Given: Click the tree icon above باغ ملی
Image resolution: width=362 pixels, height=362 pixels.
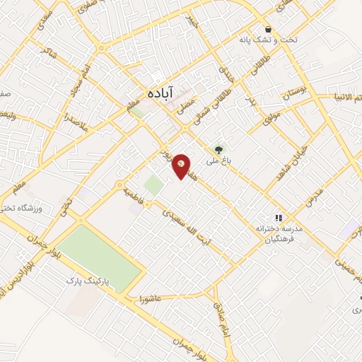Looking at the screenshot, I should click(x=218, y=149).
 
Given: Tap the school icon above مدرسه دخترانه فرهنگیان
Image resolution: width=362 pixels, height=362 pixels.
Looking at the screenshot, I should click(x=279, y=218).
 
